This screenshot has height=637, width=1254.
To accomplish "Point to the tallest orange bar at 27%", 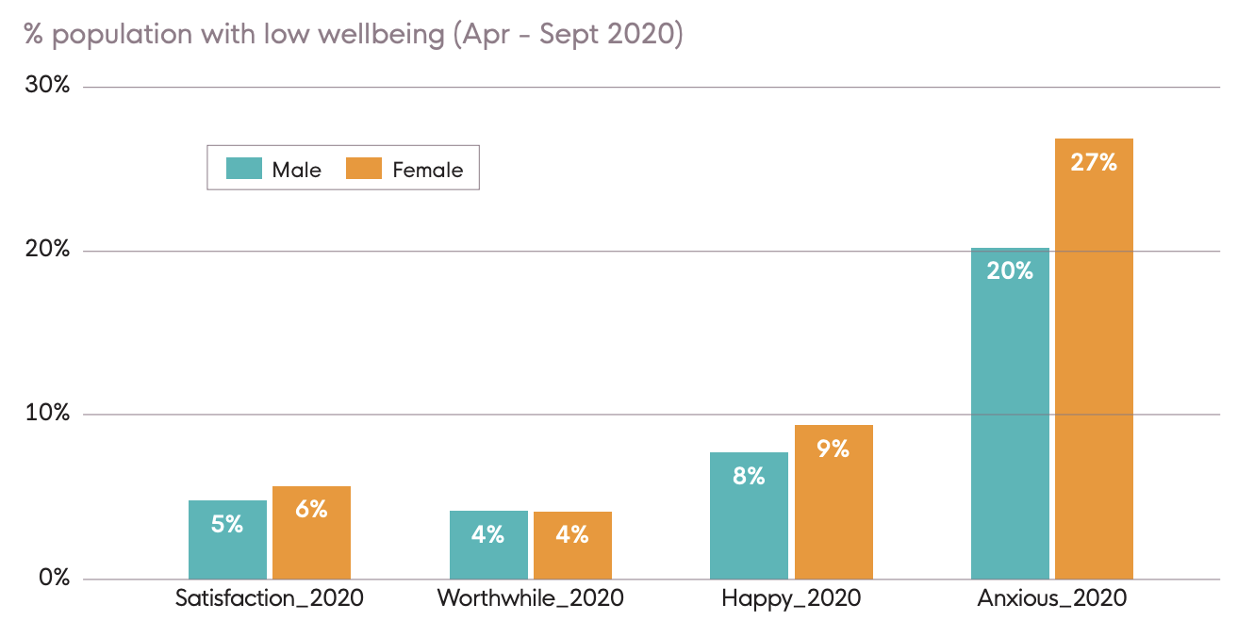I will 1094,358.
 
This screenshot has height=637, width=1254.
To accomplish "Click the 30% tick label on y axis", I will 48,86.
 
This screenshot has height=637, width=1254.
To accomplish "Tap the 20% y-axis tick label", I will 48,250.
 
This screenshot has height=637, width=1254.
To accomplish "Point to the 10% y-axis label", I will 48,414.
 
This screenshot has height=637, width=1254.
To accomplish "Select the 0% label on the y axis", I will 53,578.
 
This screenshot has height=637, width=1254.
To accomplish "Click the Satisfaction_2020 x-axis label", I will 269,598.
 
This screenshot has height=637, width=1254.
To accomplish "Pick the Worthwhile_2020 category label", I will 530,598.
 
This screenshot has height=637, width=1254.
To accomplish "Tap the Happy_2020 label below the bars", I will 790,598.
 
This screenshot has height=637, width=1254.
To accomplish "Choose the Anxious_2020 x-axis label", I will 1051,598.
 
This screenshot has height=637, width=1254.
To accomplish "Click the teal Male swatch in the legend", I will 243,169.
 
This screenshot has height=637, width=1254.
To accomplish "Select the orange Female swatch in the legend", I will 364,169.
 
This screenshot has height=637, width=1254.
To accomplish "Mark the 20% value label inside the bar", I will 1010,271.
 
